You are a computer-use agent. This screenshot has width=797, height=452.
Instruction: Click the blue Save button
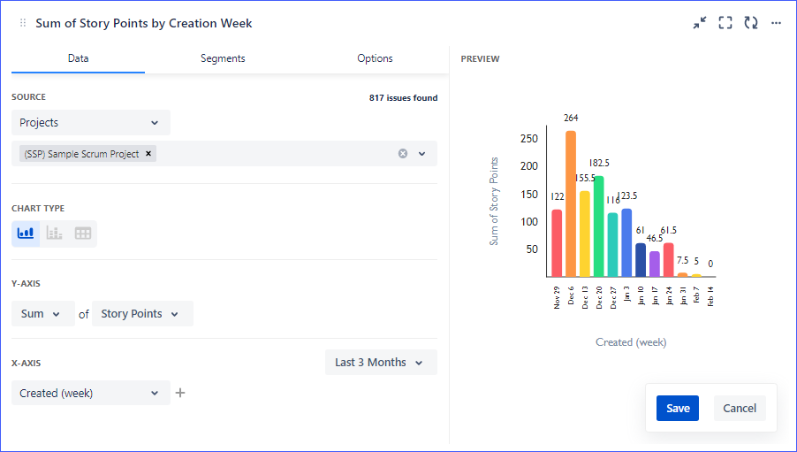point(678,408)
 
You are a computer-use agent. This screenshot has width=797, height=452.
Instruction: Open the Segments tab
point(223,58)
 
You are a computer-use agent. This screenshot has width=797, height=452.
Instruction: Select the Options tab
point(375,58)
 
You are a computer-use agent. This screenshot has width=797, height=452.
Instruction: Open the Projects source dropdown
point(90,123)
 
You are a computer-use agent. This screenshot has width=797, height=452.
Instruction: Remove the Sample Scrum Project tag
point(149,154)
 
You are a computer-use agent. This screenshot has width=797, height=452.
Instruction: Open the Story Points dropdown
point(141,314)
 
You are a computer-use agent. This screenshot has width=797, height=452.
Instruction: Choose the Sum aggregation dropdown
point(42,314)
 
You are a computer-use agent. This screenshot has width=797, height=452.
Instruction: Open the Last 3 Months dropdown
point(380,363)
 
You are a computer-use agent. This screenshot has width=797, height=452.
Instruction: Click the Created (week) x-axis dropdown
point(90,393)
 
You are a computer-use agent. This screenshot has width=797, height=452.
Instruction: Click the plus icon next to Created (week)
point(180,393)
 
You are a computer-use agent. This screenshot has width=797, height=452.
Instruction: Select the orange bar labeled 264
point(571,203)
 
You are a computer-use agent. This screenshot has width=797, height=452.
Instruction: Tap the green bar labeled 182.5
point(599,226)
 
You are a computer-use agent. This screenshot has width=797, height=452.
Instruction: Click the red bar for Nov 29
point(557,242)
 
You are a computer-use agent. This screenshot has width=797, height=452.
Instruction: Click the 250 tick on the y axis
point(528,139)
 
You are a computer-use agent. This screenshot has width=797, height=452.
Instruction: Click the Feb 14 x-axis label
point(710,296)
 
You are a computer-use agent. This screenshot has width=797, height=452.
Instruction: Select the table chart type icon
point(83,234)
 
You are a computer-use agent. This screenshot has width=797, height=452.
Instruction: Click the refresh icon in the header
point(751,23)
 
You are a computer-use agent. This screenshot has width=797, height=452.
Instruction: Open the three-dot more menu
point(776,23)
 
